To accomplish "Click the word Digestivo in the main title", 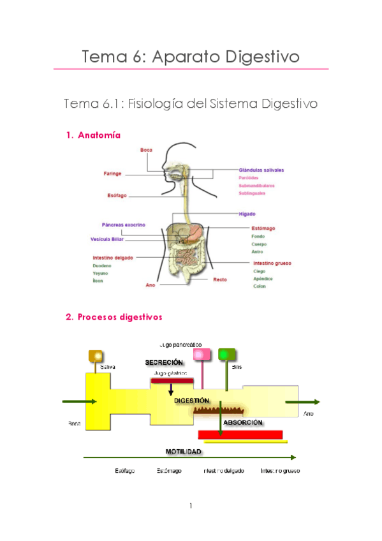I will pyautogui.click(x=263, y=56).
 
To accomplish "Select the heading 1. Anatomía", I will pyautogui.click(x=93, y=135).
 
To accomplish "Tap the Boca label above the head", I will pyautogui.click(x=146, y=150).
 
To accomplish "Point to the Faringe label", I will pyautogui.click(x=113, y=174).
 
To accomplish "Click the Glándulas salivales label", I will pyautogui.click(x=261, y=170).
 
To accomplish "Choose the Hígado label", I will pyautogui.click(x=247, y=214).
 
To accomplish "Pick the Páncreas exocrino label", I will pyautogui.click(x=123, y=225).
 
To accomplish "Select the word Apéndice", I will pyautogui.click(x=263, y=278).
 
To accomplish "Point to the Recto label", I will pyautogui.click(x=220, y=279).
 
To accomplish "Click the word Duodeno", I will pyautogui.click(x=102, y=265).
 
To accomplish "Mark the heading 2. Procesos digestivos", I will pyautogui.click(x=114, y=316).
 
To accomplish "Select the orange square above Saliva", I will pyautogui.click(x=96, y=356).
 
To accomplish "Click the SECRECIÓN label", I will pyautogui.click(x=164, y=362).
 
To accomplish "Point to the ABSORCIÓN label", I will pyautogui.click(x=243, y=422).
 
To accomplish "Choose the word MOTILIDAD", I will pyautogui.click(x=184, y=451).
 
